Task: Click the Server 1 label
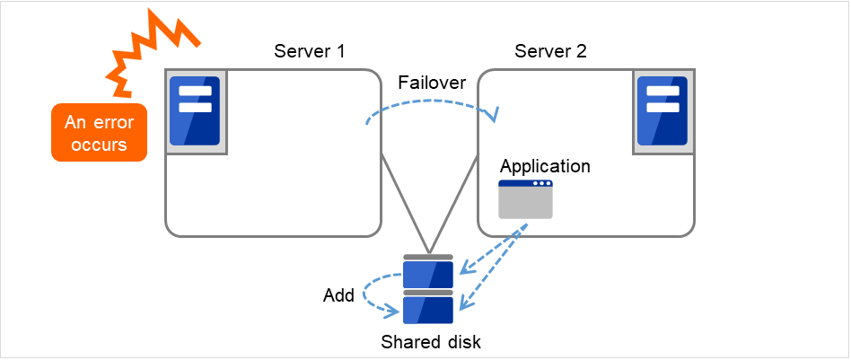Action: pos(310,50)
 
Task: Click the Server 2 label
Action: pos(550,50)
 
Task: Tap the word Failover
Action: pos(432,83)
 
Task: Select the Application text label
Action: pos(545,166)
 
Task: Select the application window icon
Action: pos(525,199)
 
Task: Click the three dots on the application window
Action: pos(540,184)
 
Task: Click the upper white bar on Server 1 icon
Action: pos(195,92)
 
